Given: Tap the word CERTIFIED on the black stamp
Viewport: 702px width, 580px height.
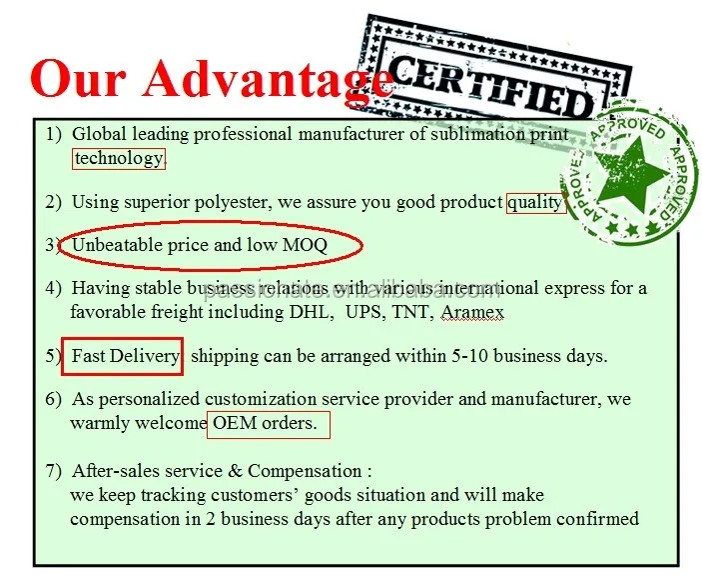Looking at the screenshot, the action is click(x=490, y=87).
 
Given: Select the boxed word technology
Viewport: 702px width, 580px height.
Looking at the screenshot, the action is click(x=119, y=158).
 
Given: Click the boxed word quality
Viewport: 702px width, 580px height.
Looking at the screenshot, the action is click(x=535, y=202).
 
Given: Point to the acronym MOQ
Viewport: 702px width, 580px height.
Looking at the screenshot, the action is click(x=305, y=245).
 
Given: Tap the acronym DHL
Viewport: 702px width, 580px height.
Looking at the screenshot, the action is click(x=310, y=312).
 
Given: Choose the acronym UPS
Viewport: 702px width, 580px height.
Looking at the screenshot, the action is click(x=364, y=312).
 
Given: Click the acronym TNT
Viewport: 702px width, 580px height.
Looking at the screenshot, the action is click(x=411, y=312).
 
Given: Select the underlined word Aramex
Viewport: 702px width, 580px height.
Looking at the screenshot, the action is click(x=472, y=312).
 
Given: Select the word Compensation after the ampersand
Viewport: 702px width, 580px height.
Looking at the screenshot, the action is click(x=305, y=472).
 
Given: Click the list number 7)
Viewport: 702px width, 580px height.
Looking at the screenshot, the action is click(x=53, y=471).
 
